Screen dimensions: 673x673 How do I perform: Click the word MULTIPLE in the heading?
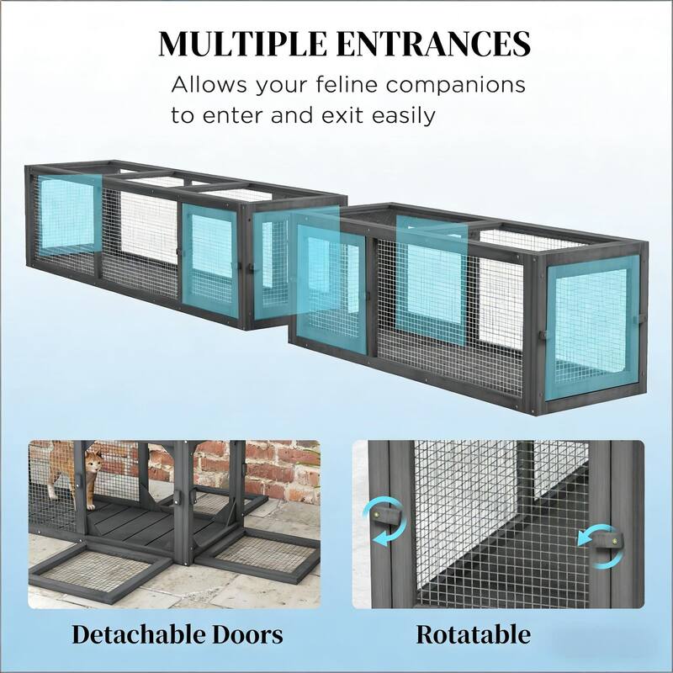click(242, 44)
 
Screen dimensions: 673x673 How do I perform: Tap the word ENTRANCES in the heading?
click(433, 44)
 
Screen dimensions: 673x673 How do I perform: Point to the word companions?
click(455, 85)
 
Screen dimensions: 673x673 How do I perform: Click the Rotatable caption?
click(473, 634)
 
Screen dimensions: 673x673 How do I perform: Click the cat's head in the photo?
click(93, 460)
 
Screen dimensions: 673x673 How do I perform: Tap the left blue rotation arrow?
click(384, 521)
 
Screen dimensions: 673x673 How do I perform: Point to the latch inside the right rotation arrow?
click(606, 542)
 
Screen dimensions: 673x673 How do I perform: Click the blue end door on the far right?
click(592, 327)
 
